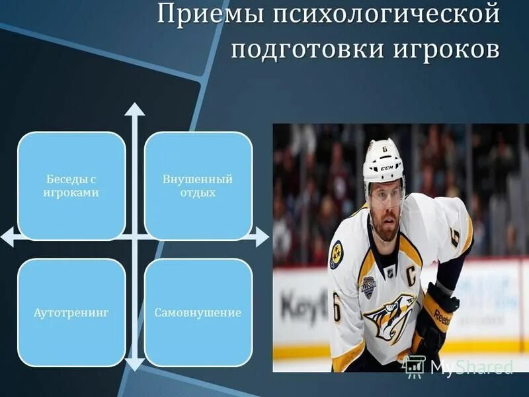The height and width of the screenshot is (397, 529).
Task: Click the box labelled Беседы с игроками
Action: pos(72,186)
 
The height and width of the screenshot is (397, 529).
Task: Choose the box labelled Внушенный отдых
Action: pos(198,186)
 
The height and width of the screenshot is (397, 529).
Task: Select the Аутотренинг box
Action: pos(72,312)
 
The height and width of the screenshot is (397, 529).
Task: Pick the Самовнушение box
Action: pos(198,312)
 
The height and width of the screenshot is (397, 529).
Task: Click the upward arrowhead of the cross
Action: pos(135,109)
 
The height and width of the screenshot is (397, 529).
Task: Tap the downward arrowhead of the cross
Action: pos(135,363)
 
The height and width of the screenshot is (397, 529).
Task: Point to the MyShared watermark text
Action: pos(471,366)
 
